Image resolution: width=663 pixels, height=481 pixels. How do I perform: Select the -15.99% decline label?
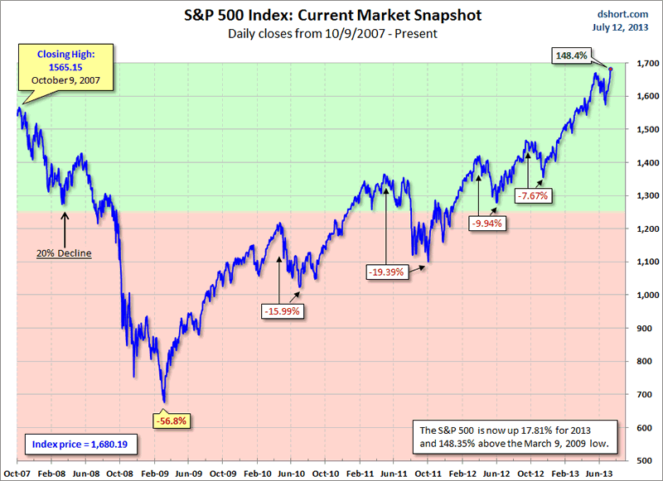coord(282,311)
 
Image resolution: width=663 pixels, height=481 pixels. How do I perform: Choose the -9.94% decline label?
coord(486,223)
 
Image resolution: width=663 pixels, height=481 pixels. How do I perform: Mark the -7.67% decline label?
coord(533,195)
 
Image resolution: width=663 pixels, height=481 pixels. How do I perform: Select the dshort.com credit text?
coord(617,14)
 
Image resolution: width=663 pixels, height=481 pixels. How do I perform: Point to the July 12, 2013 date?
coord(617,28)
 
